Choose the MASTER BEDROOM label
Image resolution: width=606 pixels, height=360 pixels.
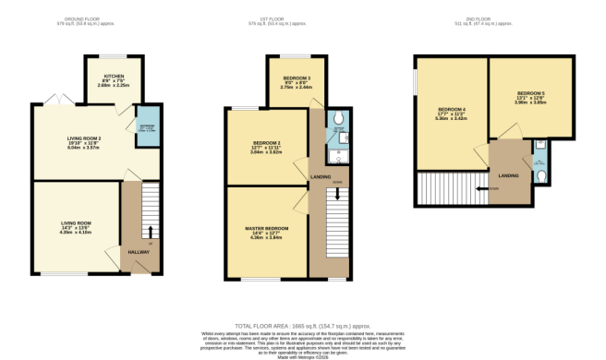coord(264,228)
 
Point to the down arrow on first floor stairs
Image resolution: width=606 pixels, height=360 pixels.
coord(337,195)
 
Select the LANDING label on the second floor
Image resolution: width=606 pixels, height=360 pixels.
coord(507,174)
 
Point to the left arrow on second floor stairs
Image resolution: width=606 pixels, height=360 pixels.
coord(479,189)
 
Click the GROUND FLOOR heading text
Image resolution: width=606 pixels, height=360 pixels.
coord(79,18)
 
